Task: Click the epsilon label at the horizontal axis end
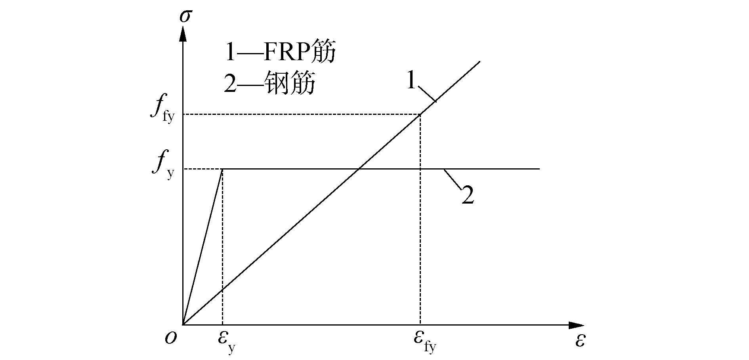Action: [x=580, y=341]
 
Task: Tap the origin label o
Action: [x=170, y=339]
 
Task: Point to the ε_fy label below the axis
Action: [x=424, y=340]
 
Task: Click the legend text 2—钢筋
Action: [x=269, y=84]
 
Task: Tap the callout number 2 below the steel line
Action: [x=468, y=196]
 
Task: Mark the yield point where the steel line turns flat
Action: [x=222, y=169]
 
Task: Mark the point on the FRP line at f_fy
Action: [x=420, y=114]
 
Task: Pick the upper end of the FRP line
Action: [x=480, y=61]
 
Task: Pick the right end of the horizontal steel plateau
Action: [x=540, y=169]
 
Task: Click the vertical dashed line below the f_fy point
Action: [x=420, y=238]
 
